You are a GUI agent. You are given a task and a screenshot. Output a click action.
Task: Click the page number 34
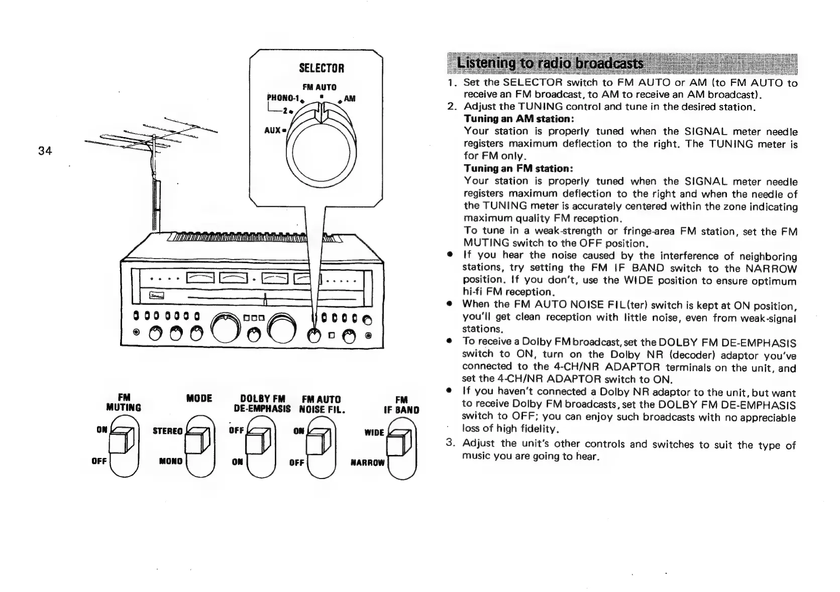point(45,150)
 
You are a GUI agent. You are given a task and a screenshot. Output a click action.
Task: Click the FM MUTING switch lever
point(123,441)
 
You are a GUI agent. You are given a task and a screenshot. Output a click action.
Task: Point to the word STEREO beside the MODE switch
point(167,431)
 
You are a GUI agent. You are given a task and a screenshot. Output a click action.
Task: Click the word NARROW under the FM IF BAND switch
point(367,462)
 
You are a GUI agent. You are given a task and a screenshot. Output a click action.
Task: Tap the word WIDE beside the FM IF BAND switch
point(375,432)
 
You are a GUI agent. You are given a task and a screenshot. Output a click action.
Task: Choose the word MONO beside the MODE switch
point(171,461)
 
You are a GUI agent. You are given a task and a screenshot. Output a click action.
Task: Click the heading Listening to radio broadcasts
point(550,64)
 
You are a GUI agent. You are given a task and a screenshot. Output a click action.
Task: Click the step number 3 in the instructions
point(450,443)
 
